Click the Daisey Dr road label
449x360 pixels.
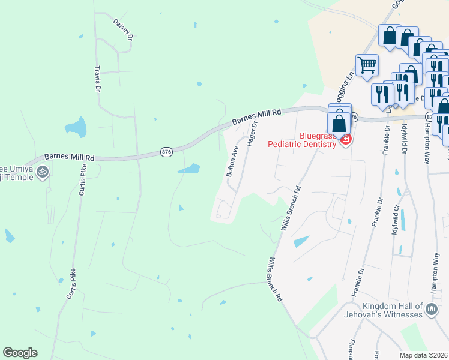(122, 28)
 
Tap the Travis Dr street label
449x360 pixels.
(98, 78)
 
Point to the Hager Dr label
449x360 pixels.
(252, 133)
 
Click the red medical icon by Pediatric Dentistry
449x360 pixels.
(345, 140)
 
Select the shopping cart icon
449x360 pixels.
(367, 64)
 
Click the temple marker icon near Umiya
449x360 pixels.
(42, 172)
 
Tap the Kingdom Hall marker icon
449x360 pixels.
(431, 310)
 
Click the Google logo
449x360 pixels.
(20, 353)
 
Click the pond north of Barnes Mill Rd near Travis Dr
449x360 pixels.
(76, 127)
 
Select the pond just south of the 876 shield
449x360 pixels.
(189, 169)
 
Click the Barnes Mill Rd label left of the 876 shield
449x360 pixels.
(70, 157)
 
